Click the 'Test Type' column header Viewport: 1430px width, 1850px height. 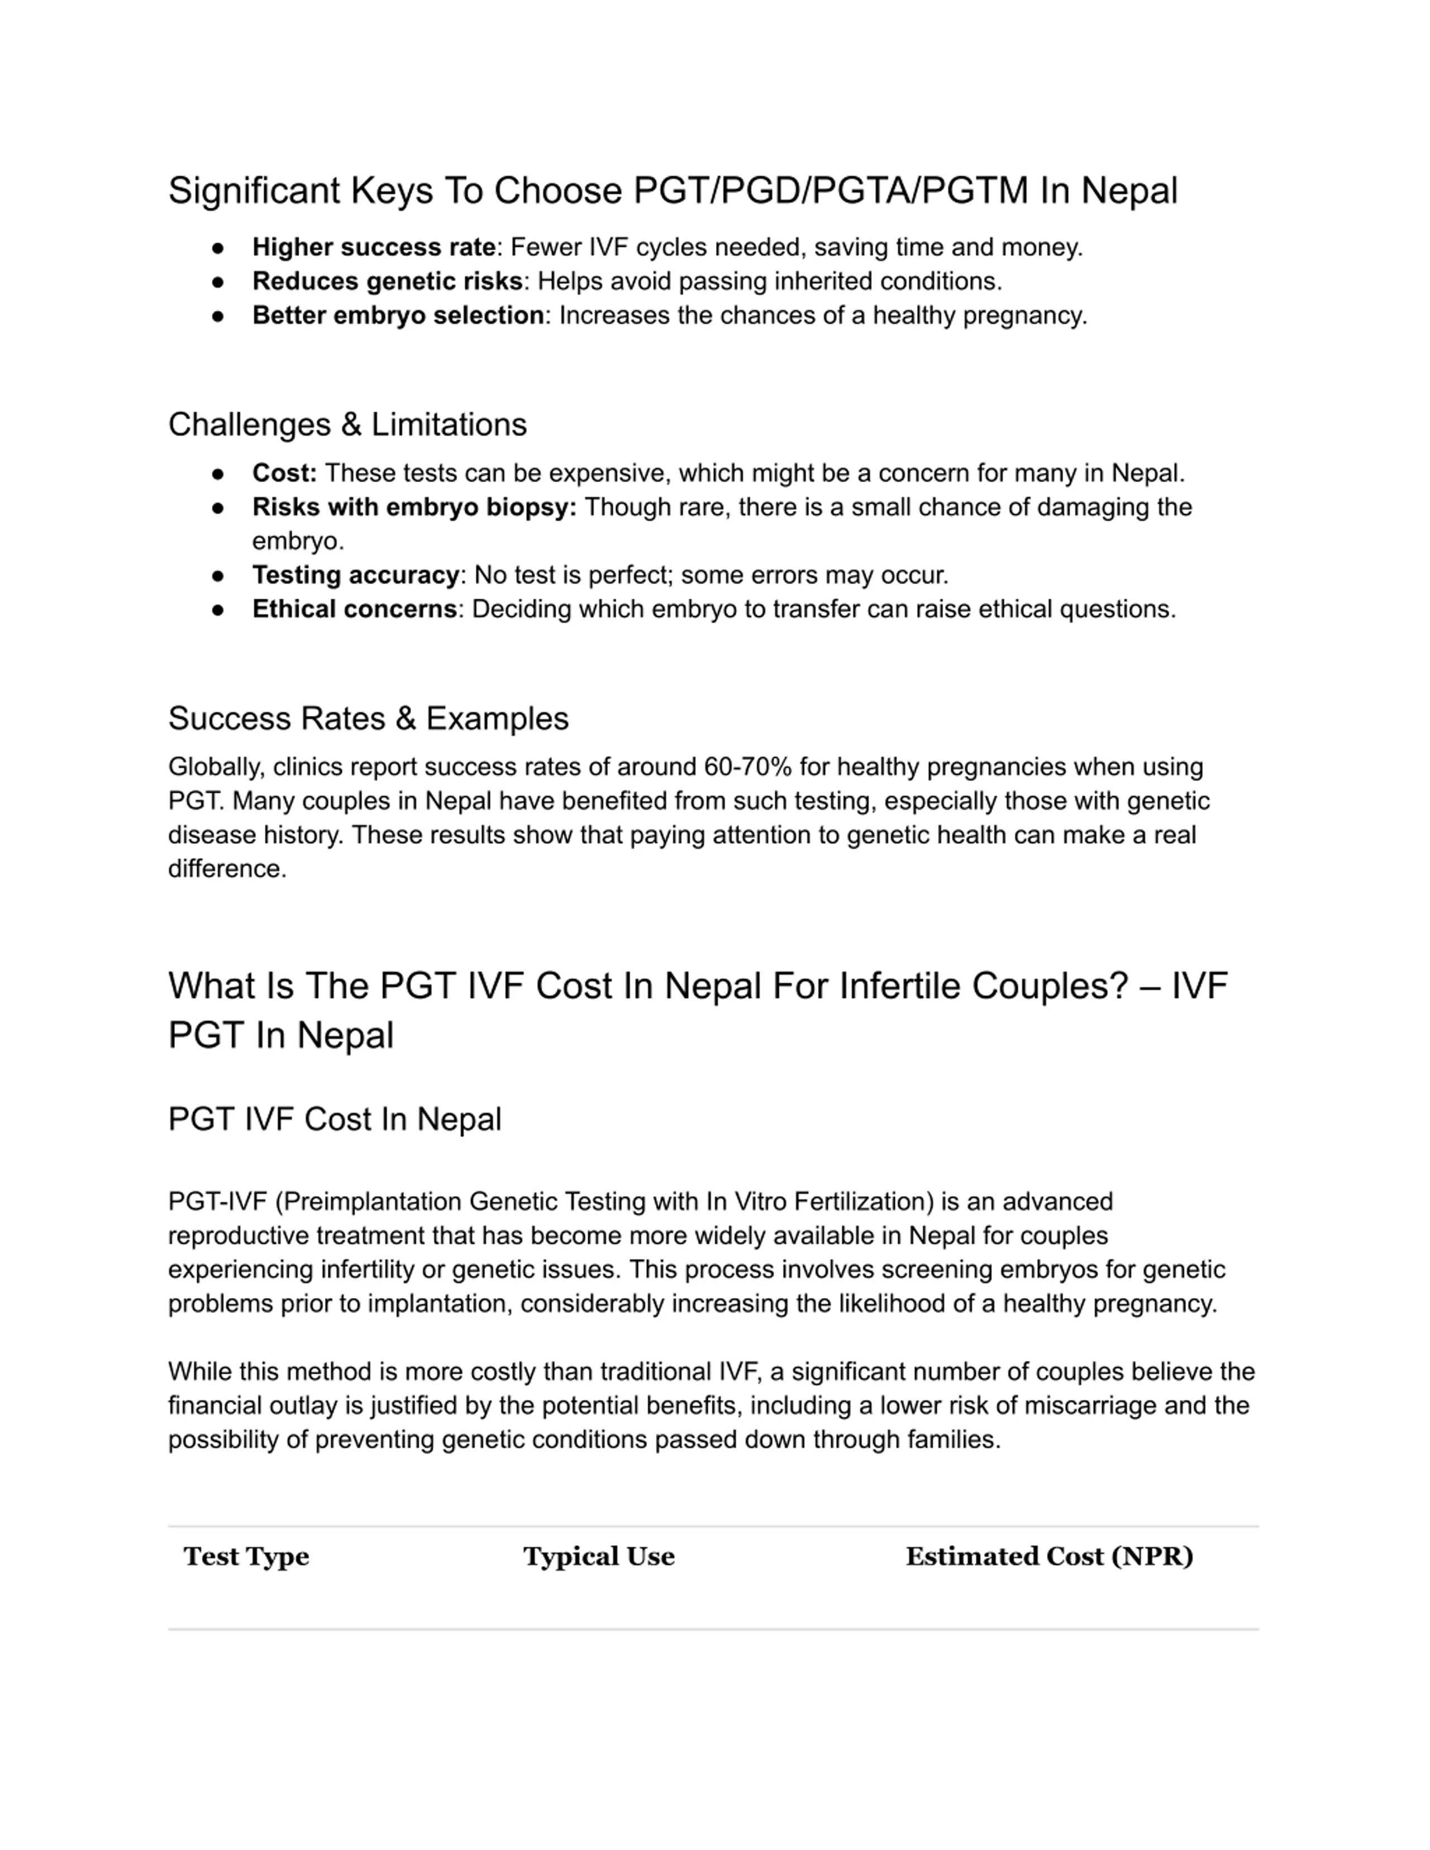pos(246,1557)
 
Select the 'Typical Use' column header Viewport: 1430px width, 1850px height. pos(598,1557)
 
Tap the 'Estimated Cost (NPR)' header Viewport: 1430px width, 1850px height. pos(1049,1557)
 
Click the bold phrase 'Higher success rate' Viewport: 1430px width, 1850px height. pos(374,247)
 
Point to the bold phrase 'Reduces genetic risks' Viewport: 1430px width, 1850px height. pos(387,281)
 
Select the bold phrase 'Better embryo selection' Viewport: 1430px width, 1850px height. pos(397,315)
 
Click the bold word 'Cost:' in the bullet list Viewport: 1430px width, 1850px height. pos(284,472)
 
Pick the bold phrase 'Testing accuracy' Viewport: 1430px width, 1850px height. pos(355,575)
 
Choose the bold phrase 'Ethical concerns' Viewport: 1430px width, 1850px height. pos(354,609)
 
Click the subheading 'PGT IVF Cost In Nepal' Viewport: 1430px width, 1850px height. pos(335,1119)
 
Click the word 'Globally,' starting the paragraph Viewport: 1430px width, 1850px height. pos(216,767)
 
